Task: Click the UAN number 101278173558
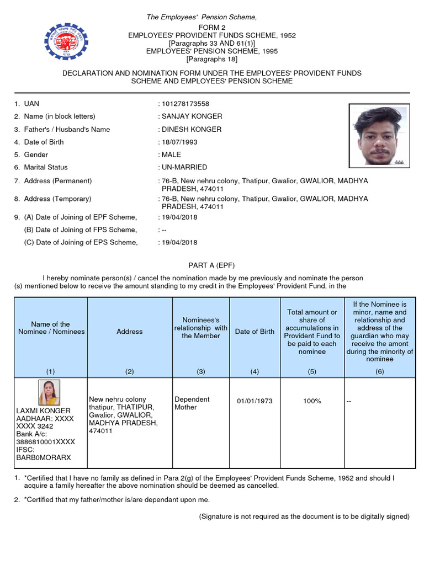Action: pos(185,104)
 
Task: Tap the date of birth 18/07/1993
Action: pos(179,142)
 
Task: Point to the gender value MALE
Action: pos(171,154)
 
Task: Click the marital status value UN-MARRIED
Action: pos(184,167)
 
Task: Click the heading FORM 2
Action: pos(212,28)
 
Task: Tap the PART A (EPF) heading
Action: pos(212,265)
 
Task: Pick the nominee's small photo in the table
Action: pos(50,392)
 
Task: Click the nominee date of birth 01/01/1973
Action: pos(255,401)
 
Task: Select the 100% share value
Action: pos(312,401)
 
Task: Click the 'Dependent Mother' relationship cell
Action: pos(192,403)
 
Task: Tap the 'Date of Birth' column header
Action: pos(255,332)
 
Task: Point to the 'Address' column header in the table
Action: pos(130,332)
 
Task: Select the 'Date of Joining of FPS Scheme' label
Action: pos(81,230)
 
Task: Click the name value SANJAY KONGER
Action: pos(192,116)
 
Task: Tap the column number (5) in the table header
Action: pos(312,371)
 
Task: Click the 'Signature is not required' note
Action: pos(304,516)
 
